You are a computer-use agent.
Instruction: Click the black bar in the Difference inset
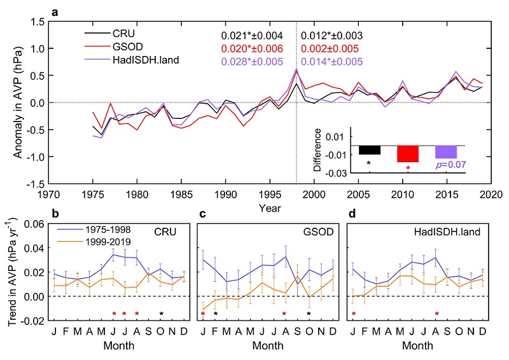coord(370,150)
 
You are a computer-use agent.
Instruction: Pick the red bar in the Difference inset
coord(407,154)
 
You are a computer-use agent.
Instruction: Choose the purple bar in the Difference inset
coord(445,152)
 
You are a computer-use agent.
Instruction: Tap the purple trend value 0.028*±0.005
coord(252,62)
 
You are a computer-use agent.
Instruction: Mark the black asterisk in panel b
coord(162,314)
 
